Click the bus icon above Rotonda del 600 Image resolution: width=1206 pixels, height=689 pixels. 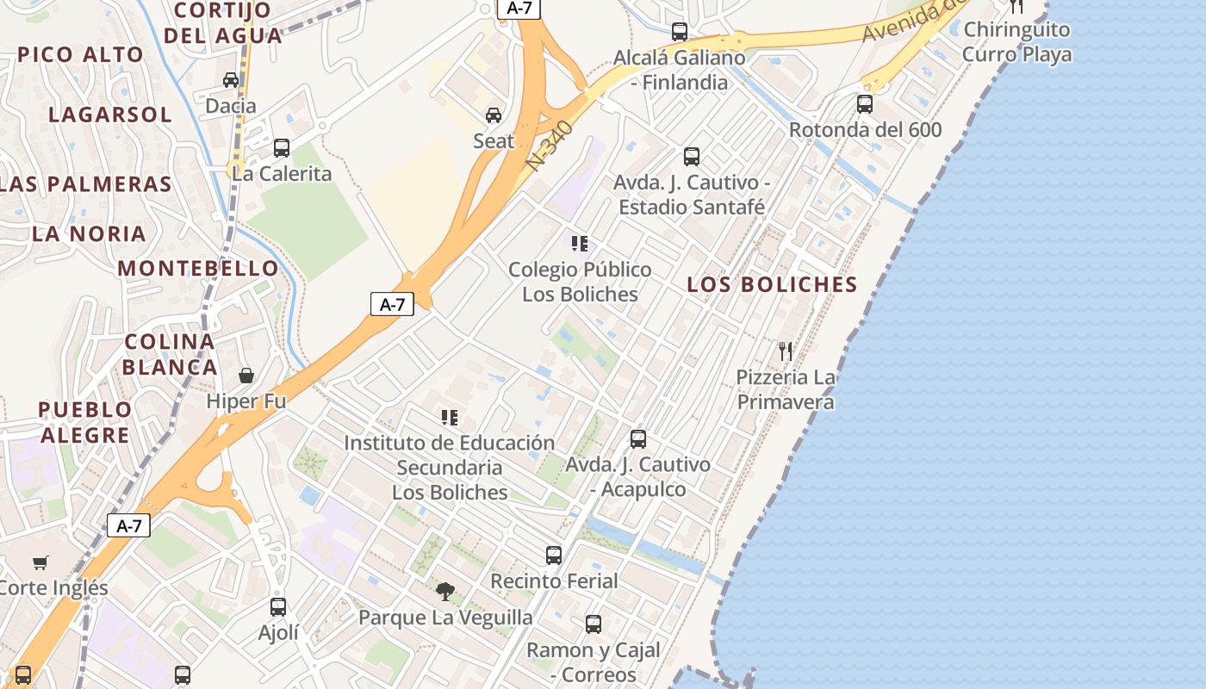pos(865,104)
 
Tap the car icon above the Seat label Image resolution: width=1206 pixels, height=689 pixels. pos(494,115)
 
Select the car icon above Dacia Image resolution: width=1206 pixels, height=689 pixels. pos(231,80)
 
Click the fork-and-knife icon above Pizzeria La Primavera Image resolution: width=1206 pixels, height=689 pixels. pos(785,351)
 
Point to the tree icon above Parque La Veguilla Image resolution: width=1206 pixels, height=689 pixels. pos(444,591)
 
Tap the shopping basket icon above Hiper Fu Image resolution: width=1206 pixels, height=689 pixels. pos(246,376)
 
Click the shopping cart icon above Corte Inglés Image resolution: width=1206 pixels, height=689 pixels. pos(40,563)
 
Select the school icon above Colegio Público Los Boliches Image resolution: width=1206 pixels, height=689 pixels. pos(580,244)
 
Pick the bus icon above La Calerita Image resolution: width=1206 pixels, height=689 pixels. pos(281,147)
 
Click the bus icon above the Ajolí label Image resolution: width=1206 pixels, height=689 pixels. pos(278,606)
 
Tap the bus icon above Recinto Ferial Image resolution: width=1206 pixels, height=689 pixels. pos(554,555)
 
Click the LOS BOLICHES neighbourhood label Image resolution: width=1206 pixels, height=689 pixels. pos(772,284)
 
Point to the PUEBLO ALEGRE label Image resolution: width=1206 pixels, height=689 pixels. pos(84,422)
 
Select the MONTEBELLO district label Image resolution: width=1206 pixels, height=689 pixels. pos(198,268)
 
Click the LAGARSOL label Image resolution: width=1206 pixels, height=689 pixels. pos(110,115)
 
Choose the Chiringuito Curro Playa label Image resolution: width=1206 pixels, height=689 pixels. pos(1016,41)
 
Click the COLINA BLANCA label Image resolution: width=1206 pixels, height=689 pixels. pos(170,354)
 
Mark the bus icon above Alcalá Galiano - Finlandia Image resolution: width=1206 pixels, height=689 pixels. pos(680,32)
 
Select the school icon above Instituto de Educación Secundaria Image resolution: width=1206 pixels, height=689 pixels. pos(449,418)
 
